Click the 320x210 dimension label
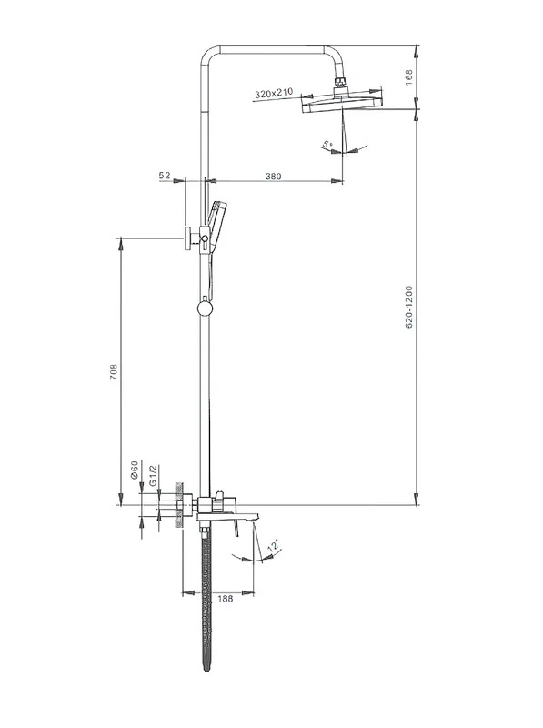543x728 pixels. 275,93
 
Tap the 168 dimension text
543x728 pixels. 409,76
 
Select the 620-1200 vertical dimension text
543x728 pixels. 409,308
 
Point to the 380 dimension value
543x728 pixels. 274,177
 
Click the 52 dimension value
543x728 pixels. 165,176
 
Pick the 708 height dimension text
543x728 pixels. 114,372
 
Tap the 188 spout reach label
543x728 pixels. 225,599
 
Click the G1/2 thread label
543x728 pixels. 154,475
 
